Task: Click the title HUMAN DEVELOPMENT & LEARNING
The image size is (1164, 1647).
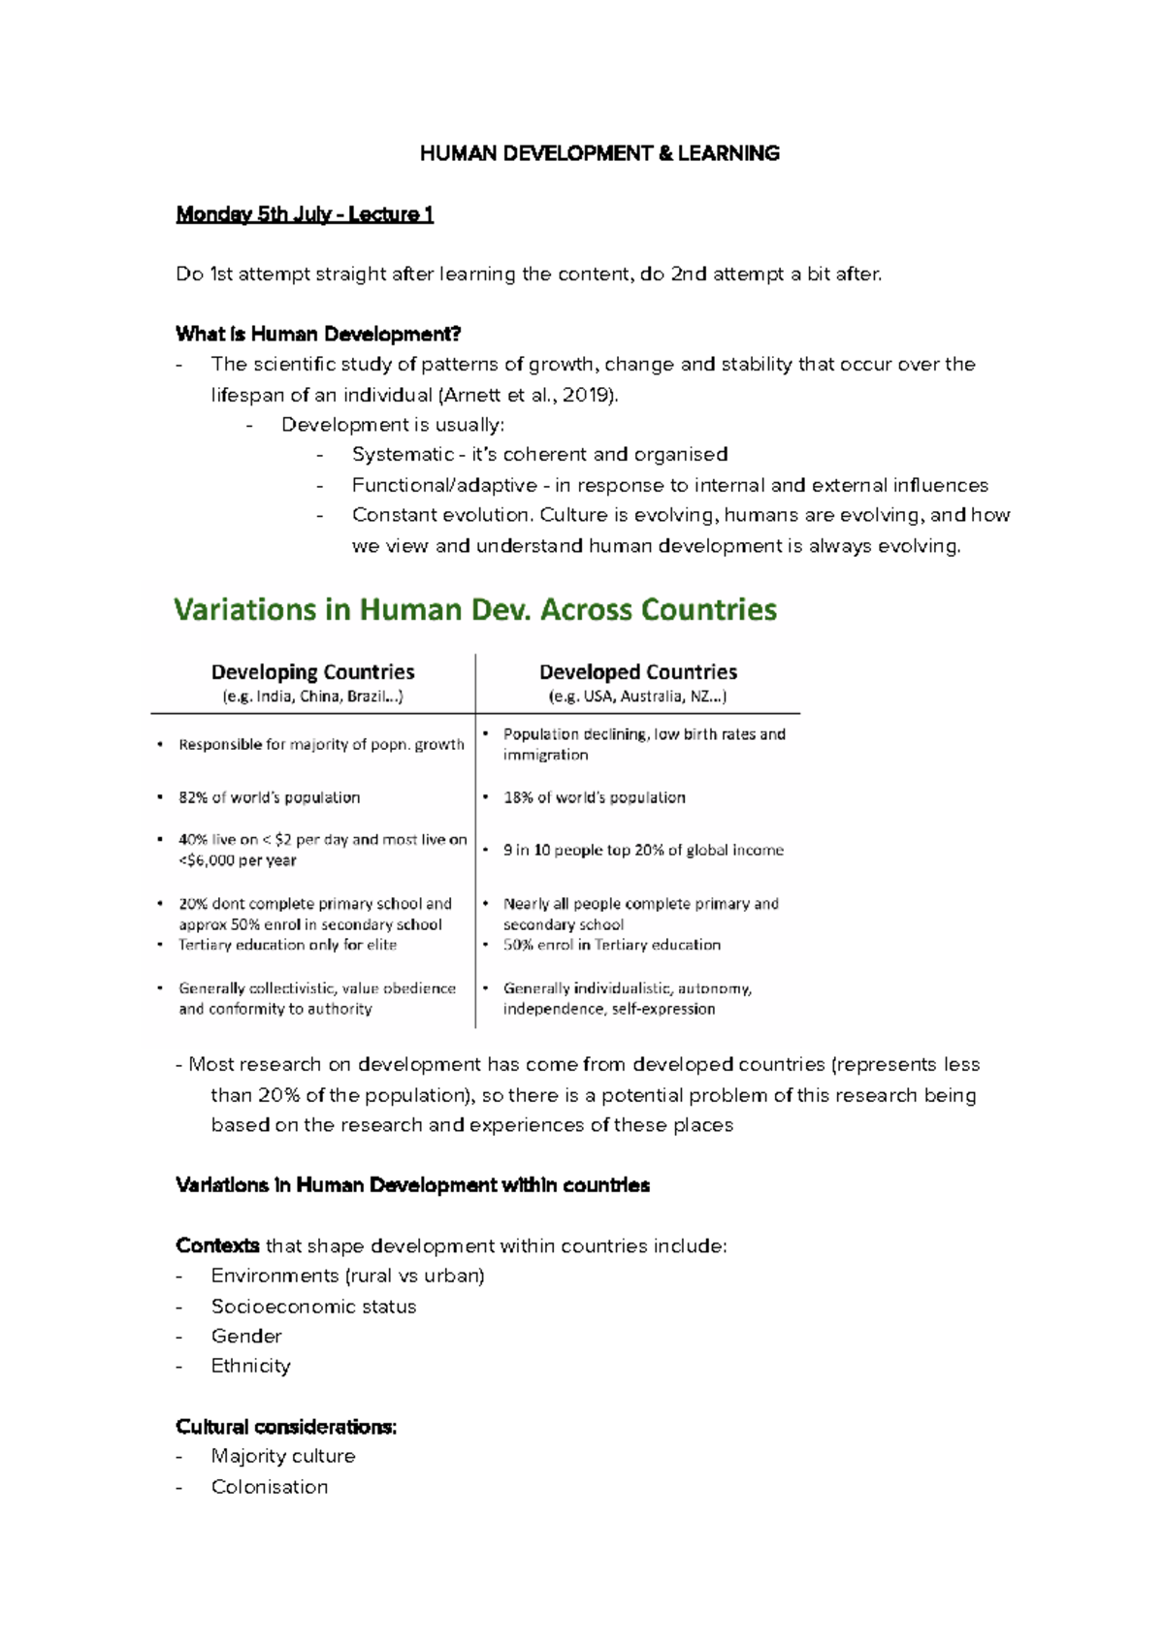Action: click(599, 153)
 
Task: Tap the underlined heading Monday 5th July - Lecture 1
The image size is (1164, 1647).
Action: click(304, 214)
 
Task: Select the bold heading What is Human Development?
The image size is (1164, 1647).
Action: click(318, 335)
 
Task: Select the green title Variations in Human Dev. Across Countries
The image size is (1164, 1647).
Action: click(475, 610)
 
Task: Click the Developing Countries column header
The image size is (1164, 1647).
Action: click(312, 672)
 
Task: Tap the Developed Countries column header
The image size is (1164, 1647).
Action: click(637, 672)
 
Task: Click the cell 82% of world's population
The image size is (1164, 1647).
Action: click(269, 797)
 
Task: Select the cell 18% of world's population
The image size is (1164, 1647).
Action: click(594, 797)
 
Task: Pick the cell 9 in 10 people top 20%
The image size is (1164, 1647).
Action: click(643, 850)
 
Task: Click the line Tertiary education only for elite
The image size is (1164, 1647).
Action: click(287, 945)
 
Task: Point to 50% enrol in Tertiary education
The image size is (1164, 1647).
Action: click(611, 945)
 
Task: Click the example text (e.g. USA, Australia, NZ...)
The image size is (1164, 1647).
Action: click(637, 696)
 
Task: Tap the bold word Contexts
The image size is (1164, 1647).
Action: click(217, 1245)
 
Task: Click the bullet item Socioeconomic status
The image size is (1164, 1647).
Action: click(313, 1307)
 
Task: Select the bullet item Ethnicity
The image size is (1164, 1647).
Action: click(250, 1366)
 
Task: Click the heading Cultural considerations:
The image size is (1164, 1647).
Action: click(286, 1427)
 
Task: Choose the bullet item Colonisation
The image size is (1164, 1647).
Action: click(270, 1487)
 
